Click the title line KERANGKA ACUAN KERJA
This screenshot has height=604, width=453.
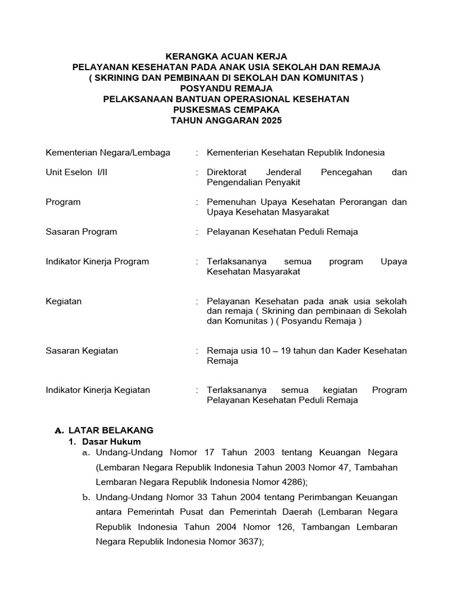click(226, 56)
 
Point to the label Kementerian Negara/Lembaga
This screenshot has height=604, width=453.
click(108, 153)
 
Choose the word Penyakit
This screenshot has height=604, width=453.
click(287, 182)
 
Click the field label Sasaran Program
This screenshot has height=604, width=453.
click(81, 232)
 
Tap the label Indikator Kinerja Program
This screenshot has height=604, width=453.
click(97, 261)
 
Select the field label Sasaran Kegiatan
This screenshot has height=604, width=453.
click(82, 351)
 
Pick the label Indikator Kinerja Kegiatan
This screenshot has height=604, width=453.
click(98, 390)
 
